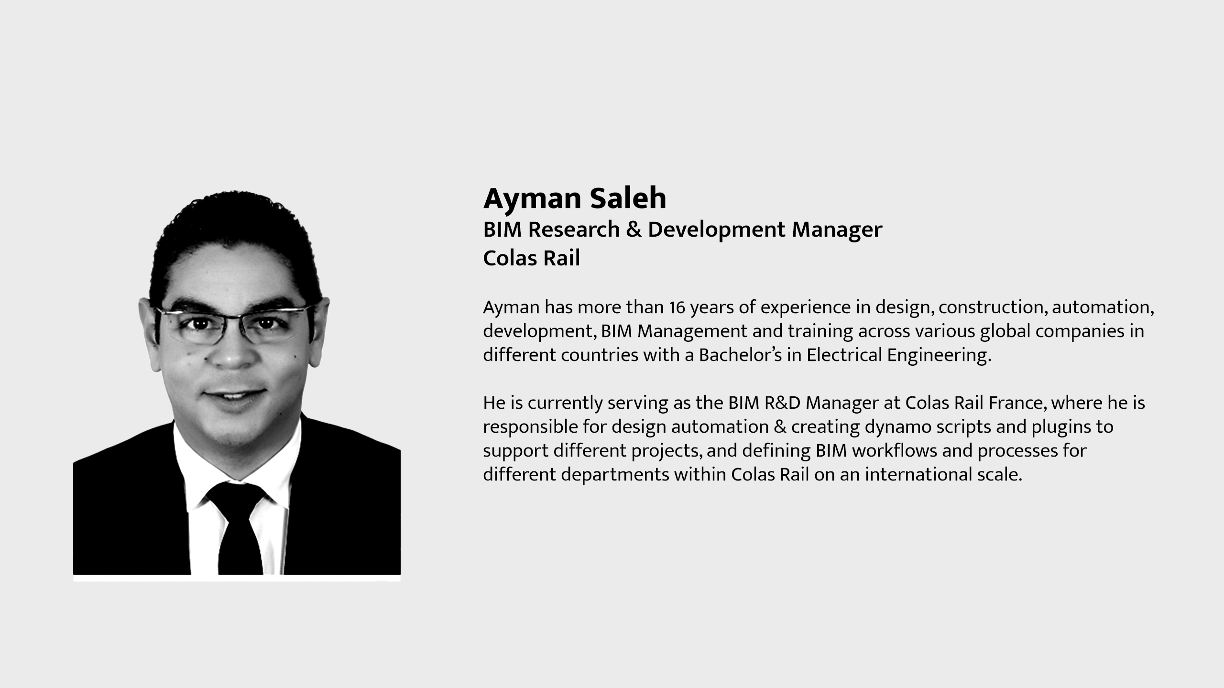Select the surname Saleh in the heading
tap(628, 198)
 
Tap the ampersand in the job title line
tap(634, 229)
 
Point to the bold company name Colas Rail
tap(531, 258)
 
